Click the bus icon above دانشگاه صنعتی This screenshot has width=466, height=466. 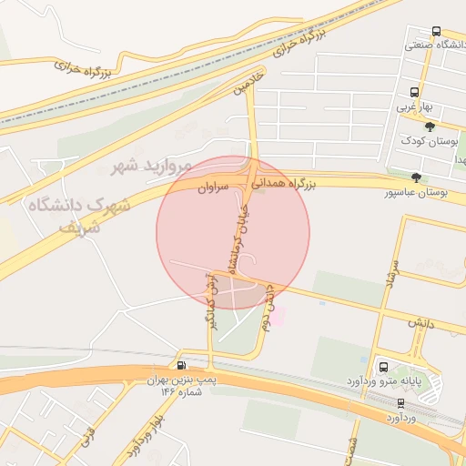pyautogui.click(x=437, y=32)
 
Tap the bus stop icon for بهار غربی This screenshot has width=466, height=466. pyautogui.click(x=415, y=92)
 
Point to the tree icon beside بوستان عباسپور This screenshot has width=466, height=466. pyautogui.click(x=417, y=177)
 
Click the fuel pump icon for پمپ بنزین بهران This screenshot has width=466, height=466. pyautogui.click(x=183, y=365)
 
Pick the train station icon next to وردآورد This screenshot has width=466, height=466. pyautogui.click(x=401, y=402)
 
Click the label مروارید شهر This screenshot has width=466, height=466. pyautogui.click(x=152, y=166)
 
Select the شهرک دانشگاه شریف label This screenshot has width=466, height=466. pyautogui.click(x=81, y=215)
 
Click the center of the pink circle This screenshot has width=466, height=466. pyautogui.click(x=233, y=232)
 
